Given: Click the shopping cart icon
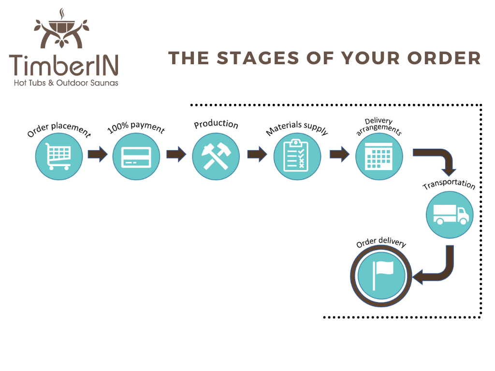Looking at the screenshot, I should pyautogui.click(x=58, y=156).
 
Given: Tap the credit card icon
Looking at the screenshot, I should pyautogui.click(x=136, y=156).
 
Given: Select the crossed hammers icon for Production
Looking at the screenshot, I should pyautogui.click(x=216, y=156).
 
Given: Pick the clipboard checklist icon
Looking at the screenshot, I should pyautogui.click(x=297, y=157).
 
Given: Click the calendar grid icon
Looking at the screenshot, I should pyautogui.click(x=379, y=156).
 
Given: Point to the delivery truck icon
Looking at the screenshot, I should pyautogui.click(x=450, y=214).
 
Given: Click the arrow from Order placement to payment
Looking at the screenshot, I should pyautogui.click(x=98, y=155).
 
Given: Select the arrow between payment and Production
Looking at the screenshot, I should pyautogui.click(x=176, y=155).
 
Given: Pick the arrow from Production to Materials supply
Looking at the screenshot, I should pyautogui.click(x=257, y=155).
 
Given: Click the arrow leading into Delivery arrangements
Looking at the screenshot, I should pyautogui.click(x=339, y=155).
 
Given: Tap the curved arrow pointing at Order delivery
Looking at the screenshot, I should pyautogui.click(x=437, y=271).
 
